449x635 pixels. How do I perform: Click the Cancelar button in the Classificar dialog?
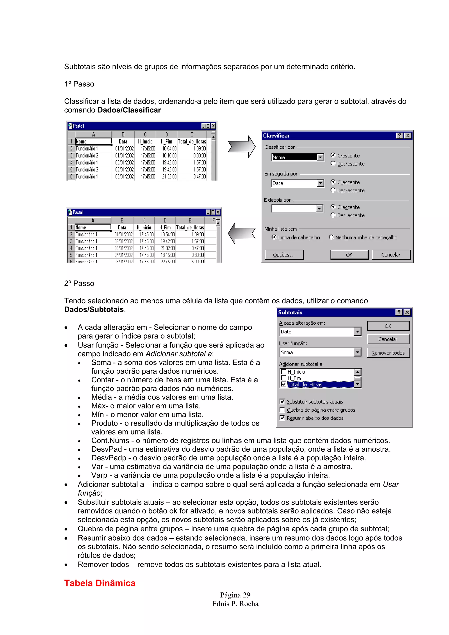point(391,254)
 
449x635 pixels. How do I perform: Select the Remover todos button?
point(388,353)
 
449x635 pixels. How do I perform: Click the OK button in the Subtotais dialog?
point(388,326)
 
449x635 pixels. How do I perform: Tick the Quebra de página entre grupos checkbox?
point(282,410)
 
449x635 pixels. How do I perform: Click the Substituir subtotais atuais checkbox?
point(282,401)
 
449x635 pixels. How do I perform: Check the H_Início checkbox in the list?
point(283,372)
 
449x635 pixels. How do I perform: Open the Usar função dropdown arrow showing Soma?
point(358,352)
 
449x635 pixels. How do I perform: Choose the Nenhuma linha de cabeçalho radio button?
point(331,237)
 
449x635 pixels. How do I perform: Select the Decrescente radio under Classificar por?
point(333,163)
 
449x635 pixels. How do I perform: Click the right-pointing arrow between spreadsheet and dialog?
point(242,146)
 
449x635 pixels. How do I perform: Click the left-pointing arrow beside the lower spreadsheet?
point(242,233)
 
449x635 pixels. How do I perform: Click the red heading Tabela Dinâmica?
point(100,583)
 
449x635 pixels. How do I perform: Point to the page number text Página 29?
point(235,595)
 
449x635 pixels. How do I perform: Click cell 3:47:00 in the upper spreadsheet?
point(199,176)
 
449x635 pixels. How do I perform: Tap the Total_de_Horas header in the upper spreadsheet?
point(192,141)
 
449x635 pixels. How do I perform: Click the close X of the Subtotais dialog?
point(407,312)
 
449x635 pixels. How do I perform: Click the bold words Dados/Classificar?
point(129,110)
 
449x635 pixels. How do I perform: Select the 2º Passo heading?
point(79,284)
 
